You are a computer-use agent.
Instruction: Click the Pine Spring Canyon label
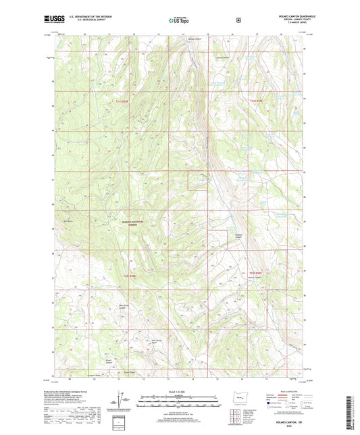124,310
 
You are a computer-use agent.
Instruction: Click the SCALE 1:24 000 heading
180,391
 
